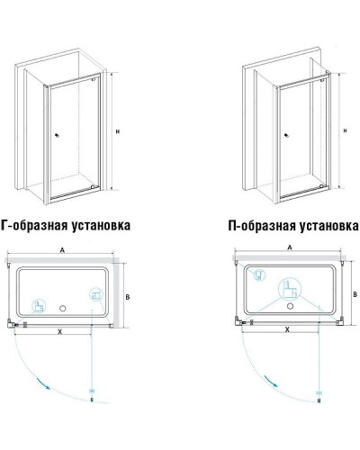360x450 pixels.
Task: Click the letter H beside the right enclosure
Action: (346, 130)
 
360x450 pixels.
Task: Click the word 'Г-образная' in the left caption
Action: (38, 222)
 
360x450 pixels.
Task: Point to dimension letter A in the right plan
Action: (289, 246)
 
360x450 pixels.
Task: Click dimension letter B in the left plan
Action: (130, 294)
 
